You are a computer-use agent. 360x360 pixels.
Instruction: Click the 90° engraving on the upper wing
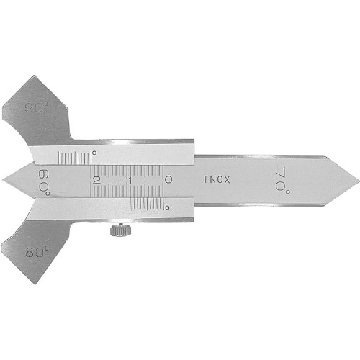pos(37,107)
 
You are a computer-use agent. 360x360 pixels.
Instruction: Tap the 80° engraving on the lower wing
pos(37,252)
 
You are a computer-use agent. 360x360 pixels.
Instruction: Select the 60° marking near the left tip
pos(44,182)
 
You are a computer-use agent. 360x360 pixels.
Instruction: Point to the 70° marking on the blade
pos(282,181)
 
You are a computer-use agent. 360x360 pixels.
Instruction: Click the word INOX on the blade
pos(217,179)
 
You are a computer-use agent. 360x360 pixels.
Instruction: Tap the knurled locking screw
pos(120,230)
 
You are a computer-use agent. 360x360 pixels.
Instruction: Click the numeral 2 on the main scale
pos(96,180)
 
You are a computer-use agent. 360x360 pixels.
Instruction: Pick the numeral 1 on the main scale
pos(130,181)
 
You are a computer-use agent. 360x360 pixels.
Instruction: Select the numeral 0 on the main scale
pos(168,180)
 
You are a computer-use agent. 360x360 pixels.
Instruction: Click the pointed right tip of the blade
pos(359,180)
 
